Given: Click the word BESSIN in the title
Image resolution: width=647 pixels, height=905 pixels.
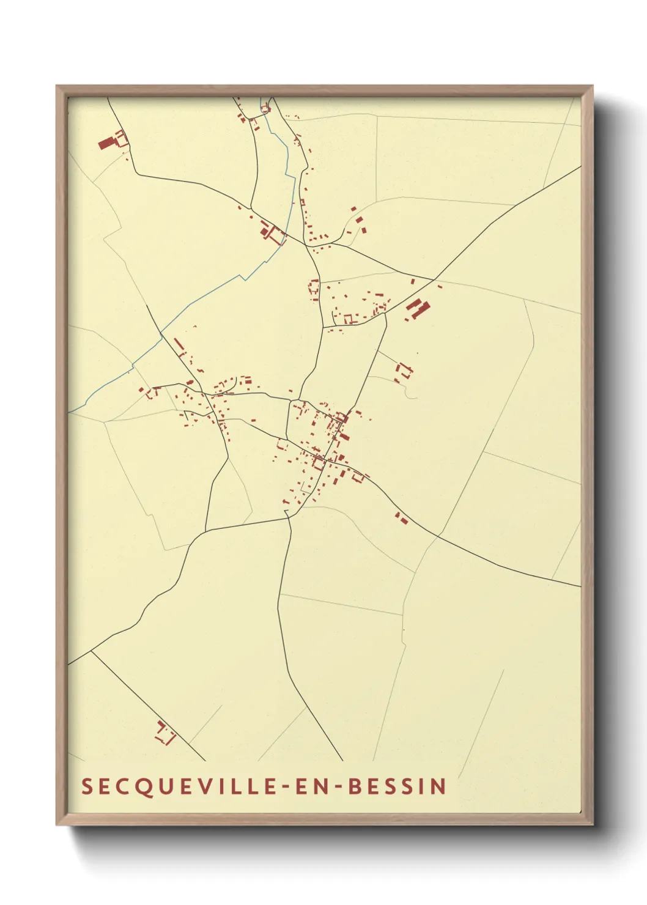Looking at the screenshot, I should pyautogui.click(x=397, y=786).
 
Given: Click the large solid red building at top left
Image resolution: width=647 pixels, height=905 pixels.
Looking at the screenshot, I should pyautogui.click(x=106, y=144).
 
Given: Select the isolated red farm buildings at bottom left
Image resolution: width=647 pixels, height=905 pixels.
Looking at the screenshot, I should pyautogui.click(x=165, y=733).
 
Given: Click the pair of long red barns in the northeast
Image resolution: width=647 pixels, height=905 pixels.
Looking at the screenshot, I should pyautogui.click(x=418, y=309).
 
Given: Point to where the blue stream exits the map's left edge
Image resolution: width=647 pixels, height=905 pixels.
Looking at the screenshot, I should pyautogui.click(x=70, y=412).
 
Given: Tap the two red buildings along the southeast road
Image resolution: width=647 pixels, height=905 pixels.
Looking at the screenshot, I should pyautogui.click(x=401, y=519).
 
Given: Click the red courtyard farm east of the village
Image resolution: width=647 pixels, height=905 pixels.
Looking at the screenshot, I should pyautogui.click(x=403, y=372).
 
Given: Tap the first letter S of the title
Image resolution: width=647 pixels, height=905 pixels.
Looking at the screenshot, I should pyautogui.click(x=86, y=786).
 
